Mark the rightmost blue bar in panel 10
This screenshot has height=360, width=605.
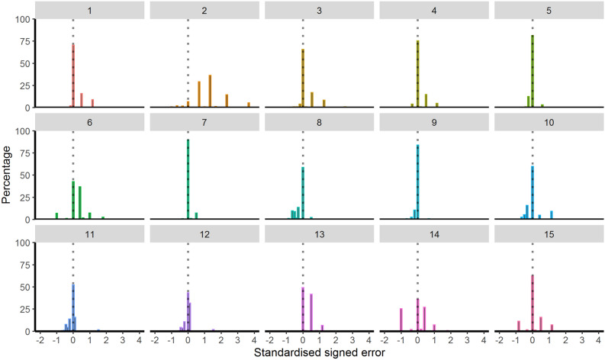point(551,215)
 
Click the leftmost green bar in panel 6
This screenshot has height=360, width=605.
point(56,216)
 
